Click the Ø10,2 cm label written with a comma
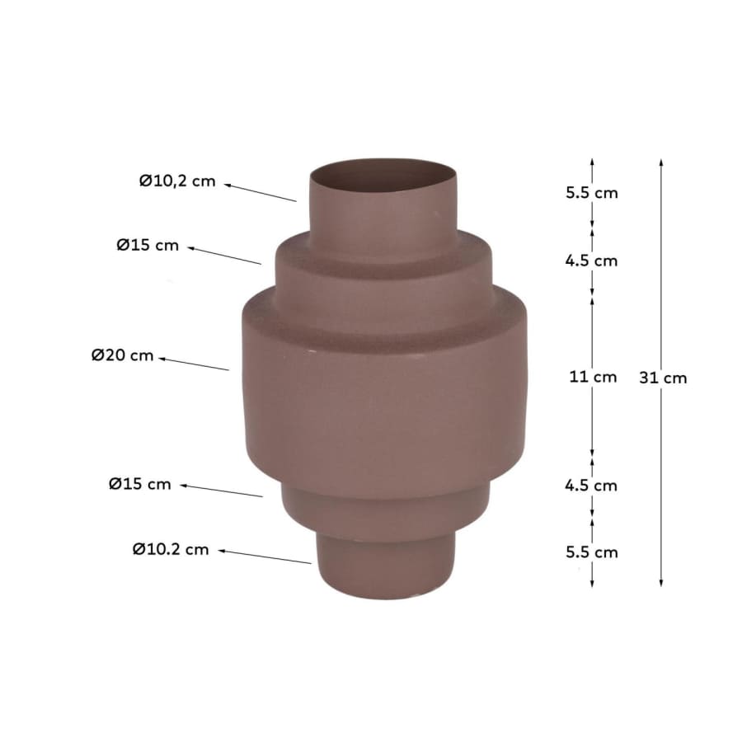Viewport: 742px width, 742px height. pyautogui.click(x=176, y=181)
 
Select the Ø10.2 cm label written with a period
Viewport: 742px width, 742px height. pyautogui.click(x=171, y=549)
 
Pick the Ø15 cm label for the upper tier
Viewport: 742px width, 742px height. pyautogui.click(x=148, y=245)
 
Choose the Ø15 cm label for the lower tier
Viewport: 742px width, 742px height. pyautogui.click(x=140, y=484)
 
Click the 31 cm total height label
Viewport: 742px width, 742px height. pyautogui.click(x=663, y=378)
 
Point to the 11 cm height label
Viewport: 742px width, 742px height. pyautogui.click(x=593, y=377)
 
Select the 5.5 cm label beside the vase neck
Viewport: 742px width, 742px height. pyautogui.click(x=591, y=193)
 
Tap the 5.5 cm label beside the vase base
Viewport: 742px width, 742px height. pyautogui.click(x=591, y=552)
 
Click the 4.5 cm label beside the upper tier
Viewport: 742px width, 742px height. pyautogui.click(x=591, y=261)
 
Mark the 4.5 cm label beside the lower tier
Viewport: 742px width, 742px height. pyautogui.click(x=591, y=485)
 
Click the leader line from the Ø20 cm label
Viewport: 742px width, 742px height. pyautogui.click(x=194, y=364)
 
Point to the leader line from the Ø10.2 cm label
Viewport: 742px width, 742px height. pyautogui.click(x=265, y=556)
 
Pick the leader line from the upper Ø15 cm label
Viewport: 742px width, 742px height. pyautogui.click(x=224, y=255)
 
